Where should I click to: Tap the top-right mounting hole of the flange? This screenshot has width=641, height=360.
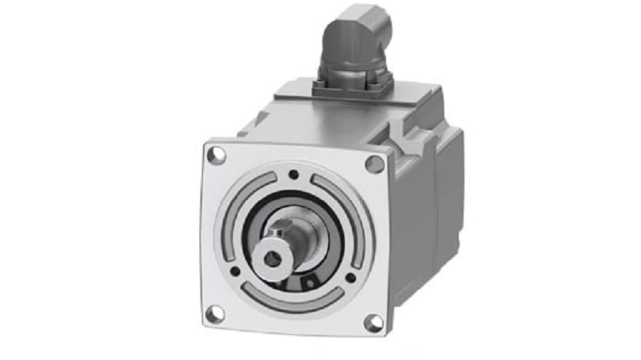(x=374, y=164)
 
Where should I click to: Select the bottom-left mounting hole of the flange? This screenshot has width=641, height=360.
(x=214, y=314)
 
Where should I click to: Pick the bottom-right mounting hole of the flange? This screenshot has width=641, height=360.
(x=373, y=323)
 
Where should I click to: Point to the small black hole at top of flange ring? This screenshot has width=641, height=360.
(x=294, y=174)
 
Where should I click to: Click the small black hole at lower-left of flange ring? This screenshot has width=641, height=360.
(x=235, y=271)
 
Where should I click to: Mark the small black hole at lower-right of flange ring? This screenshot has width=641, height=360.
(x=350, y=277)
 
